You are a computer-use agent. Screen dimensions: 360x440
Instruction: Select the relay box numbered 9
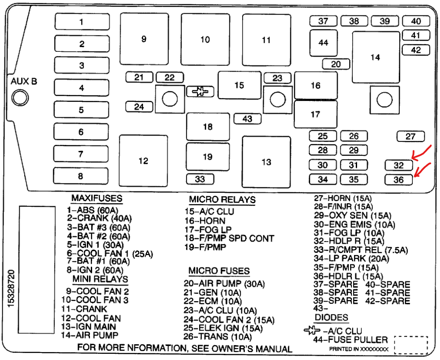tap(144, 39)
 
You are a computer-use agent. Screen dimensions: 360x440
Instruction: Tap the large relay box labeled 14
tap(375, 57)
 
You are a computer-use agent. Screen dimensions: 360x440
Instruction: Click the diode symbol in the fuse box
tap(200, 91)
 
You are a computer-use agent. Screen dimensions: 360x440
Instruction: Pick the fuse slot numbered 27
tap(410, 137)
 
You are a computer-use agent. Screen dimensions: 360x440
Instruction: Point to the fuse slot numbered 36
tap(398, 180)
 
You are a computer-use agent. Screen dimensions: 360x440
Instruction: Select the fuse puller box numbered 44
tap(323, 43)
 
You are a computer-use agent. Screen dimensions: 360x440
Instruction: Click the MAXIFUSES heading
tap(97, 199)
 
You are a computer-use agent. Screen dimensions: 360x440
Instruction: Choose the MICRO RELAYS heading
tap(222, 200)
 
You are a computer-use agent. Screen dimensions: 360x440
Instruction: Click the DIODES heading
tap(331, 317)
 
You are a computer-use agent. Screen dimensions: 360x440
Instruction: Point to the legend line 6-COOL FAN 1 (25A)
tap(109, 253)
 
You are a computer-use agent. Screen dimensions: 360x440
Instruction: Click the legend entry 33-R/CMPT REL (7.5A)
tap(361, 250)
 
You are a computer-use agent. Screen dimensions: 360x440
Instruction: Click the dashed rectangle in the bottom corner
tap(411, 345)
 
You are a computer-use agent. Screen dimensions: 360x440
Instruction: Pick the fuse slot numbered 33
tap(200, 179)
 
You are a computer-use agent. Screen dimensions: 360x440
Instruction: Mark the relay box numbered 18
tap(208, 127)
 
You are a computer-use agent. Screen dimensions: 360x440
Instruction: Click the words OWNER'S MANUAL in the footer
tap(259, 349)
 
